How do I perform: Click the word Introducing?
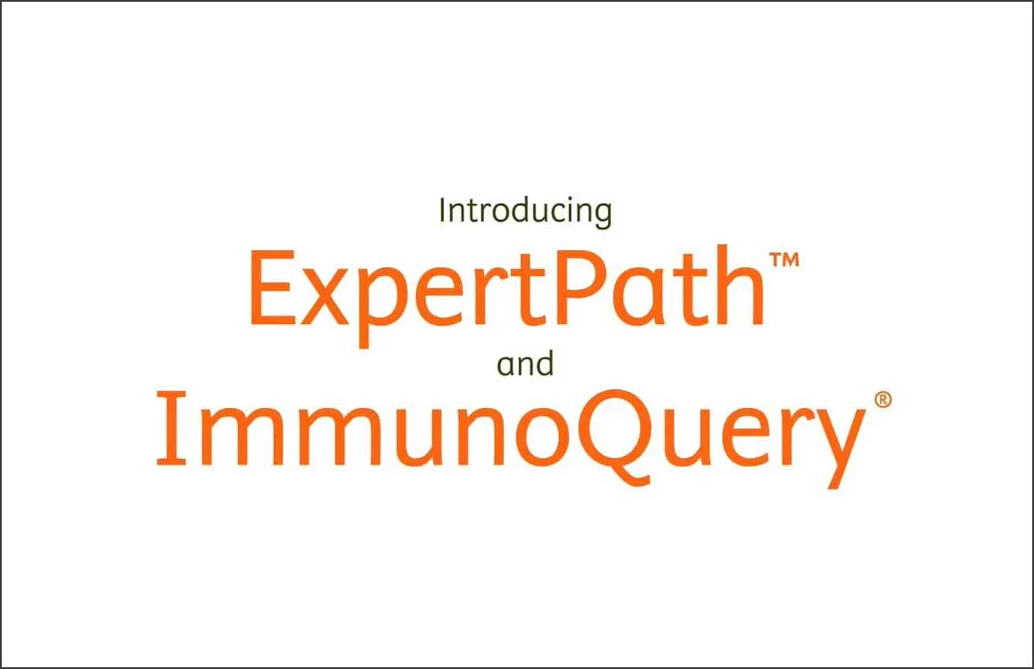[x=526, y=212]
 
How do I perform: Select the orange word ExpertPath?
[x=506, y=290]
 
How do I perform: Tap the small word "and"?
[x=526, y=364]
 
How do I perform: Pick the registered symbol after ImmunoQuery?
[x=882, y=401]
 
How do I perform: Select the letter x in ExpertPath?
[x=327, y=298]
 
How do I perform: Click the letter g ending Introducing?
[x=602, y=216]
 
